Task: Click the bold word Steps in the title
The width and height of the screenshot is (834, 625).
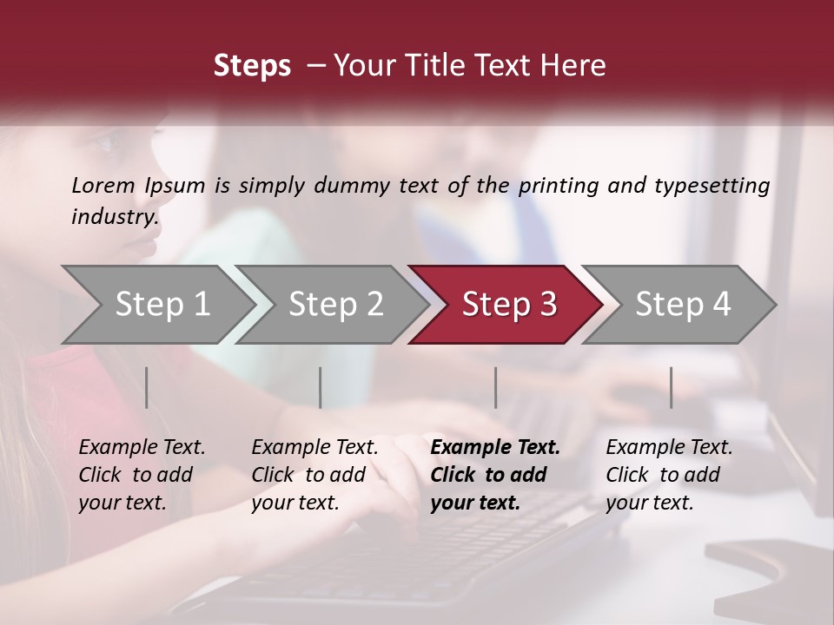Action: [x=252, y=66]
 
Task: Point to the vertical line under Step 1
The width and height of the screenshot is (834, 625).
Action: [x=147, y=387]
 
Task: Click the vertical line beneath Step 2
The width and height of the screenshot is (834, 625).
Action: [x=321, y=387]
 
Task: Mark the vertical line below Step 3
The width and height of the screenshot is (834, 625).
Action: [x=496, y=387]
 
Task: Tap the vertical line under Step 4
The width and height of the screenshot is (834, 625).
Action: [x=672, y=387]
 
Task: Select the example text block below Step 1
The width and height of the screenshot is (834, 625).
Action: [x=142, y=474]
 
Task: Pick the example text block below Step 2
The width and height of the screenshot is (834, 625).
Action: [x=314, y=474]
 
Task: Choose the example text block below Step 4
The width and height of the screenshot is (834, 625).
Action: [x=669, y=474]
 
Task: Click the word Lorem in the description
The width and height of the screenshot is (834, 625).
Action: [x=103, y=185]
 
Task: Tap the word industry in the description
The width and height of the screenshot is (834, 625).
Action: [x=114, y=216]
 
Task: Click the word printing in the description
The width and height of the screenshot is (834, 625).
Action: [x=556, y=185]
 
